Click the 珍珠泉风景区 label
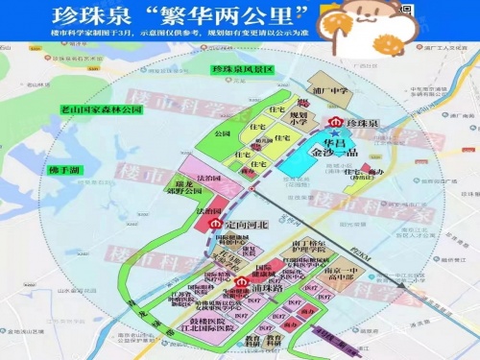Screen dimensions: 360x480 click(243, 70)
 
